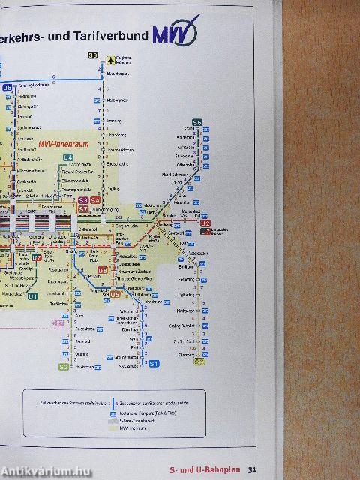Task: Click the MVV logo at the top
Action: (174, 35)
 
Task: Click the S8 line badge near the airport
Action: (93, 55)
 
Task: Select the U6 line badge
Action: (7, 88)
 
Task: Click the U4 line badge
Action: (68, 157)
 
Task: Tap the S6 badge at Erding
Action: (197, 122)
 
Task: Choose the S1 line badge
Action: (154, 364)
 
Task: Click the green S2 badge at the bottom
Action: (64, 367)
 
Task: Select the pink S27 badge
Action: (59, 322)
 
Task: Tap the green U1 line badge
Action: (33, 296)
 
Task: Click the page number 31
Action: (253, 470)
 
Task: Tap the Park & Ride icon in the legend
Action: (111, 411)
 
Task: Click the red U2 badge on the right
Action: (205, 223)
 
